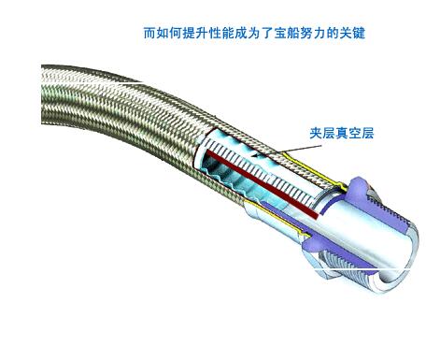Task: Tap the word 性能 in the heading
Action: point(217,34)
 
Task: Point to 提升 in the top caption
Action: point(192,34)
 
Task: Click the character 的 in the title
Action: point(327,34)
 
